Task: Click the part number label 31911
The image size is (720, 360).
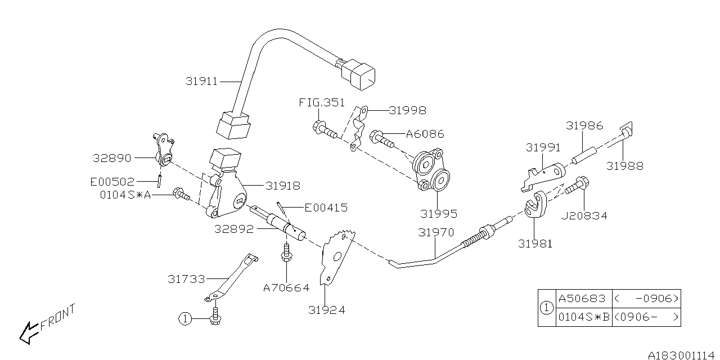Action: [x=201, y=82]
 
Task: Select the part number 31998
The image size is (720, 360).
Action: [x=407, y=111]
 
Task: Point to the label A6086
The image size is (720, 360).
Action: [x=425, y=134]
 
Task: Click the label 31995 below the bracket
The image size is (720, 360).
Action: [x=438, y=214]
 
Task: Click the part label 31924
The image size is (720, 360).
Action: [x=327, y=309]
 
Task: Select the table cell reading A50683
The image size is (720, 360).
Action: [x=582, y=299]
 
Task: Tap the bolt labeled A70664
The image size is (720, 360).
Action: [x=286, y=254]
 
